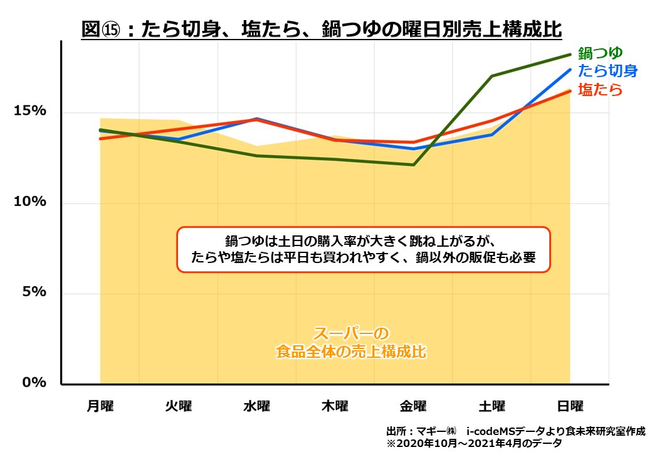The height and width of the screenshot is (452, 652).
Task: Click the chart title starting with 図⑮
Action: [x=321, y=29]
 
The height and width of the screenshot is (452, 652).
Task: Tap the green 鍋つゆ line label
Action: [x=600, y=53]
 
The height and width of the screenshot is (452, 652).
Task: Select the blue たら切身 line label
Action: [x=607, y=70]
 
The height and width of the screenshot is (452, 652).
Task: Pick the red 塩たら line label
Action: [x=600, y=90]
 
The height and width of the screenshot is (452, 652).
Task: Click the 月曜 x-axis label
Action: [x=100, y=406]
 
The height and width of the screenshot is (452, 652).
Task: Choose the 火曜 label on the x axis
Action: [x=179, y=406]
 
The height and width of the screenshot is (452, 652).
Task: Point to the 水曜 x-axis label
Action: [x=256, y=406]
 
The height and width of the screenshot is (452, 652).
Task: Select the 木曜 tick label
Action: [x=335, y=406]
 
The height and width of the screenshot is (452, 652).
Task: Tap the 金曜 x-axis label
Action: [x=413, y=406]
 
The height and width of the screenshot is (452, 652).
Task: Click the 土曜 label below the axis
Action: [x=492, y=406]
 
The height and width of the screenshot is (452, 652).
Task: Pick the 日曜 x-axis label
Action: [x=570, y=406]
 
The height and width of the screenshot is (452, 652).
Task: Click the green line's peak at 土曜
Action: [x=492, y=76]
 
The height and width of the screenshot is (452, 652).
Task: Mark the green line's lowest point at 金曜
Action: [x=413, y=164]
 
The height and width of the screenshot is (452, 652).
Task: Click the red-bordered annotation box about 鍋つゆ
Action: [x=364, y=249]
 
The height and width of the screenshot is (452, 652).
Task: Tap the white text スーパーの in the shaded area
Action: [x=351, y=333]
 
